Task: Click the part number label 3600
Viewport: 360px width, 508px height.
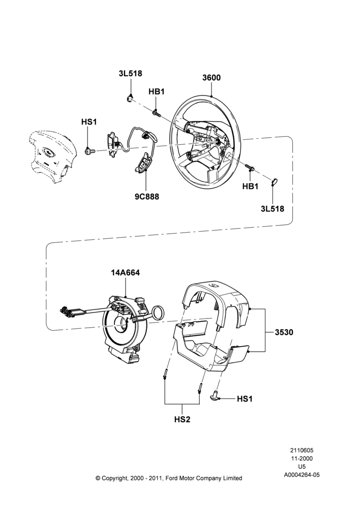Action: [211, 78]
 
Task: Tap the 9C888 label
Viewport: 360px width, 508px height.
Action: [147, 197]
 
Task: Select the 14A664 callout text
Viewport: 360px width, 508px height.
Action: [125, 273]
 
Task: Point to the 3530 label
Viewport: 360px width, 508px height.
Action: [284, 332]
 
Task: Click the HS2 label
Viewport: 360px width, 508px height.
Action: [182, 420]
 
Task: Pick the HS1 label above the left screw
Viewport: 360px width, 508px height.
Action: [89, 122]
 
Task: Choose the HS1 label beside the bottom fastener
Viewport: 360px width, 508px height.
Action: [245, 399]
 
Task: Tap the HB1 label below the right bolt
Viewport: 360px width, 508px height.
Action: [250, 186]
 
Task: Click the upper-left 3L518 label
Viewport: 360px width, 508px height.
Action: [130, 74]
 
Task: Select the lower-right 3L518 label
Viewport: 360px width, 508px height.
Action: [273, 209]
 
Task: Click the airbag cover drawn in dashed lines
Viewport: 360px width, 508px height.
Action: [51, 157]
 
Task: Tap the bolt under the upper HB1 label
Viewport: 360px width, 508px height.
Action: [156, 113]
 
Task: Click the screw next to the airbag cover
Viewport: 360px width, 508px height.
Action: [89, 151]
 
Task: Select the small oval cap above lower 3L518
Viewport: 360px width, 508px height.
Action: [274, 182]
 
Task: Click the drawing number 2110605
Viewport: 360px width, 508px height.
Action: [302, 450]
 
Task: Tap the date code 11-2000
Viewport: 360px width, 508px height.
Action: [302, 458]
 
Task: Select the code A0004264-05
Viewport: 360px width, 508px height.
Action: [302, 475]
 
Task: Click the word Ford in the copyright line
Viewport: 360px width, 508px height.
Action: [172, 478]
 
